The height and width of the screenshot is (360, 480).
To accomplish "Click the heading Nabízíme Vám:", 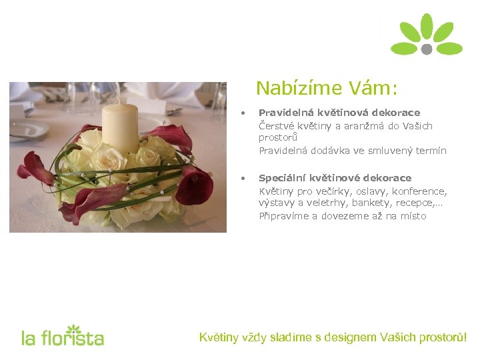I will click(327, 88).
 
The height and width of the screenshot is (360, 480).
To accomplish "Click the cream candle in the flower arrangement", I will click(120, 126).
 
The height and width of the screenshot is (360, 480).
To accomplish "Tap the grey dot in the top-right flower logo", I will click(427, 49).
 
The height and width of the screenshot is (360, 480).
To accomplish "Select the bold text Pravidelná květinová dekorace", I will click(339, 113).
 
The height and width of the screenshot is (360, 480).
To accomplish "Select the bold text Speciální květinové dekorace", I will click(335, 178).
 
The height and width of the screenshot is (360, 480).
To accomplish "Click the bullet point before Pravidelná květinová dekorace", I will click(245, 113).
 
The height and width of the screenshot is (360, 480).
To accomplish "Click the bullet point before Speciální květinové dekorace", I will click(245, 178).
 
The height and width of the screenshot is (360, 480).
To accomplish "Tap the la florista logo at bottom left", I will click(63, 337).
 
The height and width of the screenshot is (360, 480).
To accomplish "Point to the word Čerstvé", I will click(277, 125).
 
